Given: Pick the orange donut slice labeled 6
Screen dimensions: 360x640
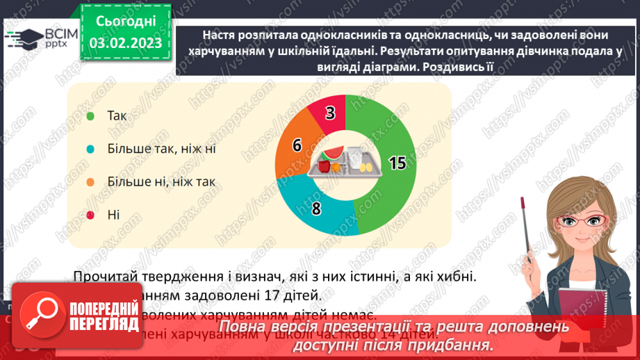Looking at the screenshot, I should point(297,145).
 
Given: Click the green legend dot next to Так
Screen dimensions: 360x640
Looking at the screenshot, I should point(90,115).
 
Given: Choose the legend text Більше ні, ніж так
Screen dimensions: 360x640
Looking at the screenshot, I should point(161,182).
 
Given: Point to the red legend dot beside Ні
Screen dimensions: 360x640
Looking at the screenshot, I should point(90,215).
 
